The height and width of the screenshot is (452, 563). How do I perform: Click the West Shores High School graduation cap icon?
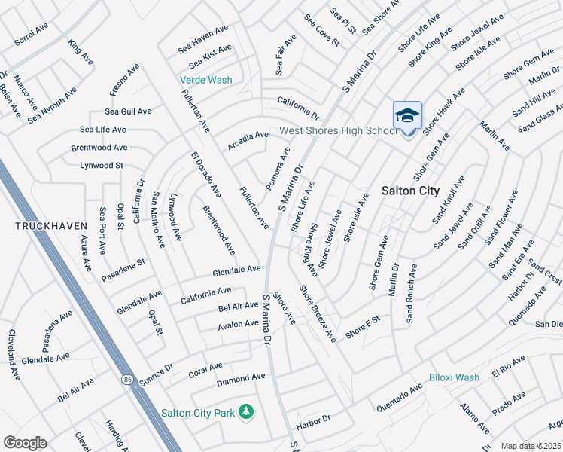[407, 116]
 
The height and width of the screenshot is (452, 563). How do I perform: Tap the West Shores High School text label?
[338, 131]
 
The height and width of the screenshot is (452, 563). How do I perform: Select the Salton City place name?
[410, 191]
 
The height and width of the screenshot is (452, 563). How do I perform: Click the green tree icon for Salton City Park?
[245, 411]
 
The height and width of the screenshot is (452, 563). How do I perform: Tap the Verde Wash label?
[205, 80]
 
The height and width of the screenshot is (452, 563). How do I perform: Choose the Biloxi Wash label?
[454, 377]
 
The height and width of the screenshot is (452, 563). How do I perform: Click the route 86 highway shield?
[125, 381]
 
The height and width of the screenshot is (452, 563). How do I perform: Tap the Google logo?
[25, 443]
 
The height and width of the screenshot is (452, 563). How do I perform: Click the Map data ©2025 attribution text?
[531, 446]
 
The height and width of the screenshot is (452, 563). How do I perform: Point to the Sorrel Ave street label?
[31, 35]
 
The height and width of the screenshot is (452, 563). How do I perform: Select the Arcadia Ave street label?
[248, 139]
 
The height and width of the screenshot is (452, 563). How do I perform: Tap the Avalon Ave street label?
[238, 324]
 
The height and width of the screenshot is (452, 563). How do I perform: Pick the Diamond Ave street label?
[241, 377]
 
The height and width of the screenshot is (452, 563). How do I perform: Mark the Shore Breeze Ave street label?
[317, 313]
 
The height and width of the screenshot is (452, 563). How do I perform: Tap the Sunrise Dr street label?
[156, 376]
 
